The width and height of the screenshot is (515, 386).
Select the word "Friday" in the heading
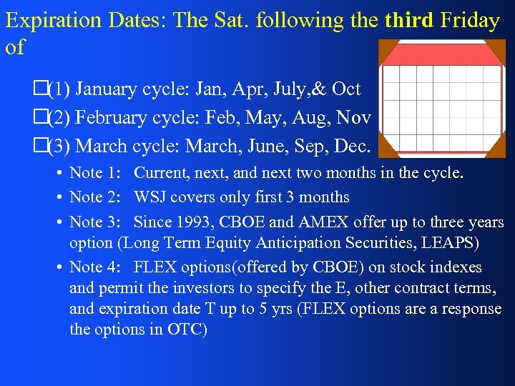click(x=470, y=21)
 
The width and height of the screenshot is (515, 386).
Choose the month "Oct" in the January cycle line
click(x=346, y=89)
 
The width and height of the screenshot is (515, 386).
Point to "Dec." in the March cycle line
click(x=350, y=147)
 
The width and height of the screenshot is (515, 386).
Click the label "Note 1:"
click(x=96, y=174)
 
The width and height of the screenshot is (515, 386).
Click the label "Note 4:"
click(x=96, y=268)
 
